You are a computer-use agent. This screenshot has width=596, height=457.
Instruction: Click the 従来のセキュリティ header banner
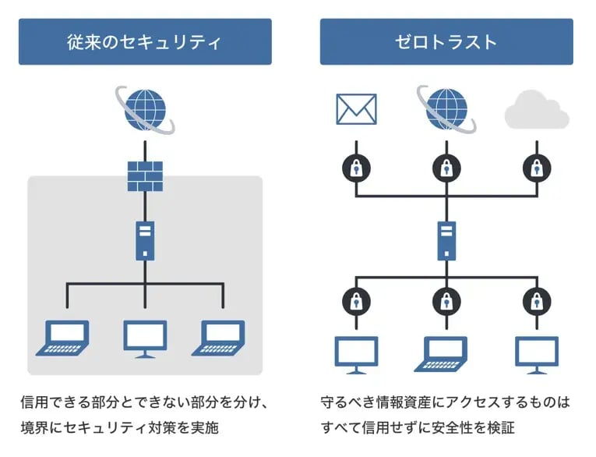pos(145,41)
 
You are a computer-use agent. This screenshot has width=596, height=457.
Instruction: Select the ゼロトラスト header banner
pos(446,41)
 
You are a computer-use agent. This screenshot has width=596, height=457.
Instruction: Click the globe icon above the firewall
pos(145,107)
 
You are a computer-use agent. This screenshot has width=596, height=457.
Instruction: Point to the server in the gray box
pos(145,240)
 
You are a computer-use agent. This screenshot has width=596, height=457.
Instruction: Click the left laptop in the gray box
pos(65,337)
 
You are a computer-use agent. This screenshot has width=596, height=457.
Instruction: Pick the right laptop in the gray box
pos(223,337)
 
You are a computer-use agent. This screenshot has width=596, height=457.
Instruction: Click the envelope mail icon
pos(356,109)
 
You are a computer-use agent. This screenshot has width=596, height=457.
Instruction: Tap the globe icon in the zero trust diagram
pos(446,107)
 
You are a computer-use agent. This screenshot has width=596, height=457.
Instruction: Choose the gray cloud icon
pos(536,112)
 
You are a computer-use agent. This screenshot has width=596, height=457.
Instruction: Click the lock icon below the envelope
pos(356,166)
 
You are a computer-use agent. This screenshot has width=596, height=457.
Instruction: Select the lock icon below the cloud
pos(535,166)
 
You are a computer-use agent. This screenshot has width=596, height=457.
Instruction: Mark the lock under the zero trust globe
pos(446,166)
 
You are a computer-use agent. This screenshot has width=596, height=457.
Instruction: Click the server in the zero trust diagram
pos(446,240)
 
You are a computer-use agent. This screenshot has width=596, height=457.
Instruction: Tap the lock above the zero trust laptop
pos(446,300)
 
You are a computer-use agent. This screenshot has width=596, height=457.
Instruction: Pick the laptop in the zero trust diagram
pos(446,353)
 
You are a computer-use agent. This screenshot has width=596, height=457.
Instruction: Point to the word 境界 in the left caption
pos(34,429)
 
